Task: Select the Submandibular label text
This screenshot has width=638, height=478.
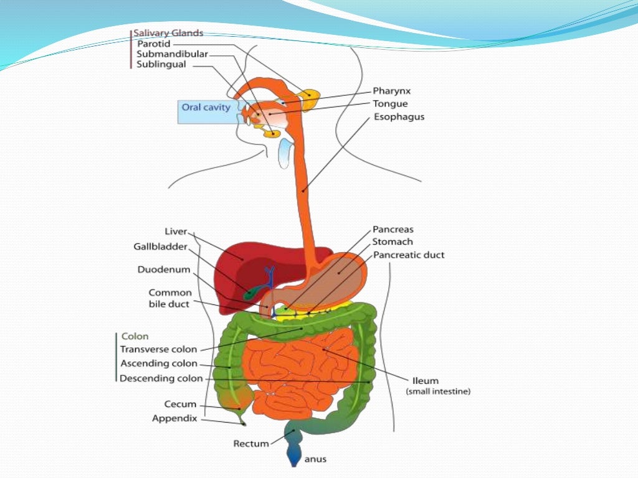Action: pos(173,54)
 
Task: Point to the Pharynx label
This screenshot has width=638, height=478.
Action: pos(391,91)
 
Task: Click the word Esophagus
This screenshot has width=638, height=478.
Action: pos(398,116)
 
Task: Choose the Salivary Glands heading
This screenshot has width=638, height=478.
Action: pos(169,34)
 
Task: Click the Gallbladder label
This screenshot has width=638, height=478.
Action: pos(160,246)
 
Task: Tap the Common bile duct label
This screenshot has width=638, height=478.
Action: pos(169,298)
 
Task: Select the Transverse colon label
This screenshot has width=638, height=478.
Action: pos(158,349)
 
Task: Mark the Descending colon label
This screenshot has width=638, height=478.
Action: pos(161,378)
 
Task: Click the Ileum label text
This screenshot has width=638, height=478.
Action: pos(426,380)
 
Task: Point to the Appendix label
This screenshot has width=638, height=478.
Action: pos(174,418)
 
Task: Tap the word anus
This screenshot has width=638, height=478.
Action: pos(315,460)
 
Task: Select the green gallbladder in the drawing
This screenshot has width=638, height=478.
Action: pos(250,292)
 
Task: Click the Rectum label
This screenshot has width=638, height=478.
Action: pos(251,443)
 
